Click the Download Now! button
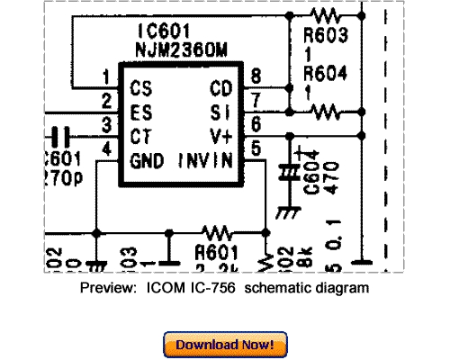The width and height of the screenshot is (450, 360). (225, 344)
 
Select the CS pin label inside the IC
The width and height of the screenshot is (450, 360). (141, 89)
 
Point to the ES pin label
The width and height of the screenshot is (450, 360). (141, 113)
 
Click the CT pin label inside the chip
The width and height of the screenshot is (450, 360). (141, 137)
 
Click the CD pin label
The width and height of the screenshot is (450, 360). (220, 89)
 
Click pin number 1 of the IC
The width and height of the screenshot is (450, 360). (106, 76)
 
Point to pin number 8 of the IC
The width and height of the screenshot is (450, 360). (257, 76)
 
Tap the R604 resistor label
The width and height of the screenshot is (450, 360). (324, 74)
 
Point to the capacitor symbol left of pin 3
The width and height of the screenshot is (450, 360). (61, 136)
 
